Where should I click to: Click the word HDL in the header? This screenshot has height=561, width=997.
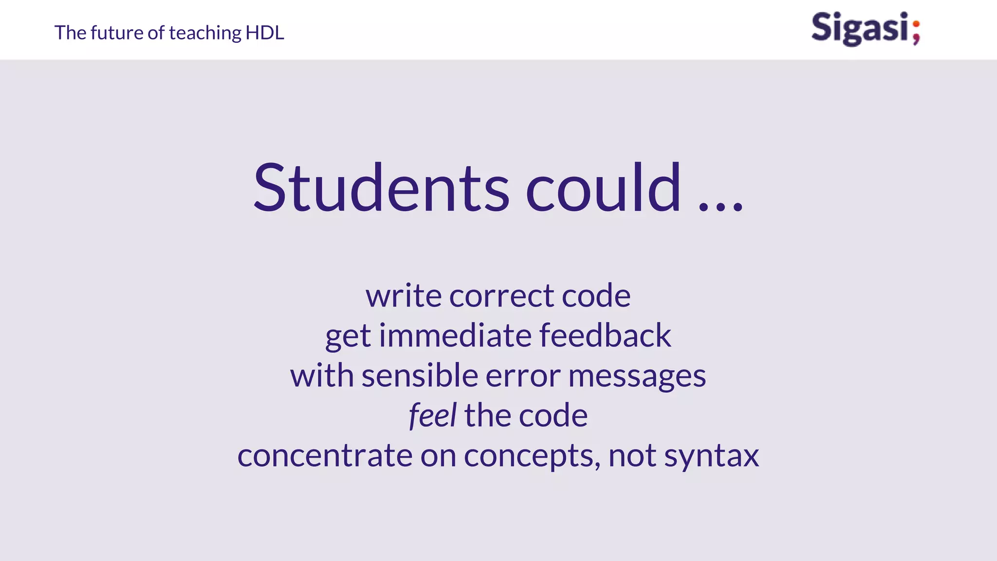point(265,33)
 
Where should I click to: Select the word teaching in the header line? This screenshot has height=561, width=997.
point(205,33)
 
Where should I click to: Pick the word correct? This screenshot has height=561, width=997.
point(501,296)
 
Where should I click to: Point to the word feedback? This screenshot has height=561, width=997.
point(605,336)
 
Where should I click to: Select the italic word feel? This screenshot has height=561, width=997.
point(432,416)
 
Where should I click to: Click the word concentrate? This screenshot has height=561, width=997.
point(325,456)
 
